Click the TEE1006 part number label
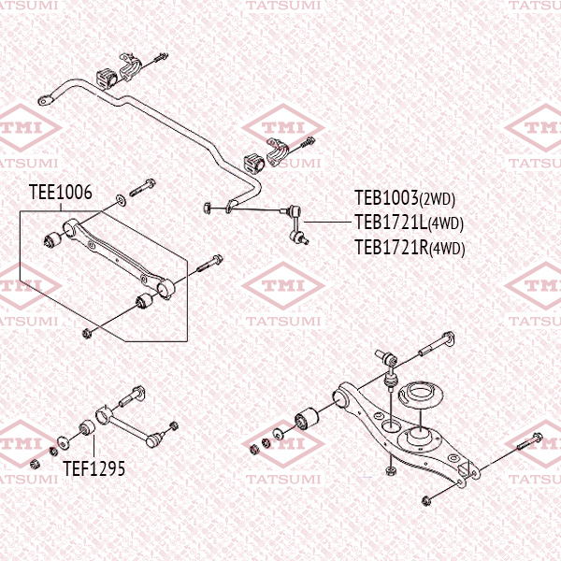tap(60, 193)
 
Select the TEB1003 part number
tap(385, 198)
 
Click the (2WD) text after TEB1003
tap(437, 199)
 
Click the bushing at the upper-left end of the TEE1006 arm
tap(53, 239)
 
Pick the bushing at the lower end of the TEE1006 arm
tap(146, 300)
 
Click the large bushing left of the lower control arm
tap(306, 417)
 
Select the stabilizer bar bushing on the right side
tap(254, 160)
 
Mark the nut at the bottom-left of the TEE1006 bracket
tap(87, 333)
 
